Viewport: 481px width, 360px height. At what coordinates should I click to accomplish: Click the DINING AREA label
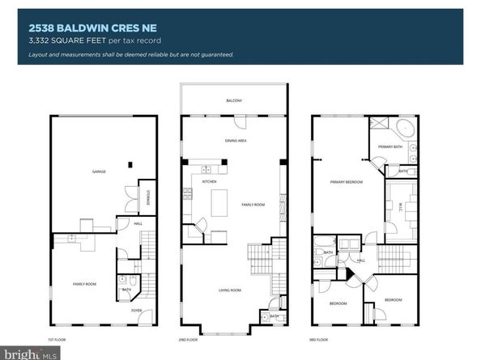pos(236,141)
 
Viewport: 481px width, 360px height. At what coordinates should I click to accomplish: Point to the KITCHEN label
pos(209,182)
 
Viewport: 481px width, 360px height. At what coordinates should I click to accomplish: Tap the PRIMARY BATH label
pos(390,146)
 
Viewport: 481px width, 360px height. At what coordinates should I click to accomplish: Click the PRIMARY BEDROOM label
pos(346,183)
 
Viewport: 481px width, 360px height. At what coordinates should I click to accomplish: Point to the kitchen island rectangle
pos(220,201)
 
